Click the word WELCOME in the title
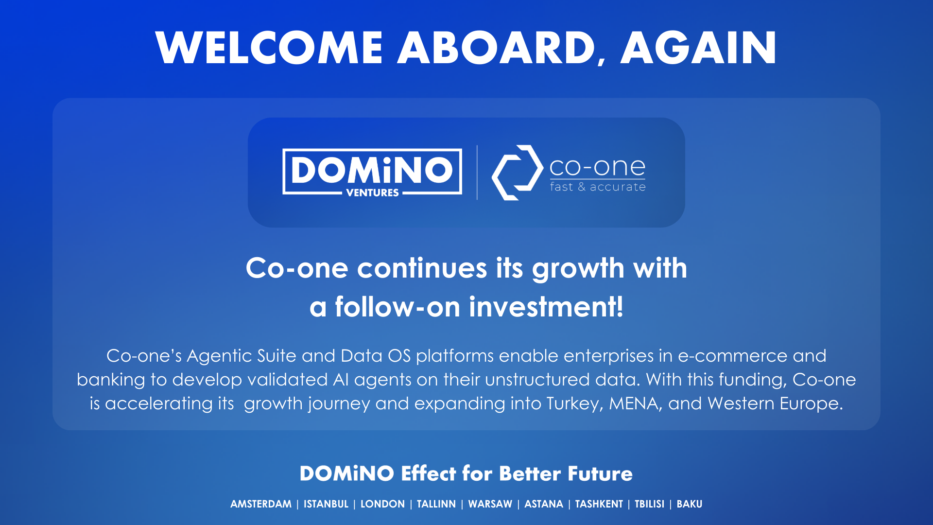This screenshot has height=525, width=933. pyautogui.click(x=269, y=48)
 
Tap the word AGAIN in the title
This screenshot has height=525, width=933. pyautogui.click(x=699, y=48)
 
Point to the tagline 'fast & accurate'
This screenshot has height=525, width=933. pyautogui.click(x=598, y=187)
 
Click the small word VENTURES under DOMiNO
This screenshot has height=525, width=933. pyautogui.click(x=372, y=193)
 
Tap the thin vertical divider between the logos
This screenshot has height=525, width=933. pyautogui.click(x=477, y=173)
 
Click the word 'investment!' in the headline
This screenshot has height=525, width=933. pyautogui.click(x=546, y=307)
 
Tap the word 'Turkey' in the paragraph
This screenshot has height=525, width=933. pyautogui.click(x=574, y=404)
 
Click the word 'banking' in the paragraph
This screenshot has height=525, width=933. pyautogui.click(x=111, y=380)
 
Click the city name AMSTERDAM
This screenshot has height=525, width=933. pyautogui.click(x=261, y=504)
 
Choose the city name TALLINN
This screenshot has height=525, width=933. pyautogui.click(x=436, y=504)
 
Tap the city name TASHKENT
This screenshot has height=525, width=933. pyautogui.click(x=599, y=504)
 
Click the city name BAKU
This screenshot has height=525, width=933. pyautogui.click(x=690, y=504)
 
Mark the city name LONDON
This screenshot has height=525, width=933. pyautogui.click(x=382, y=504)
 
